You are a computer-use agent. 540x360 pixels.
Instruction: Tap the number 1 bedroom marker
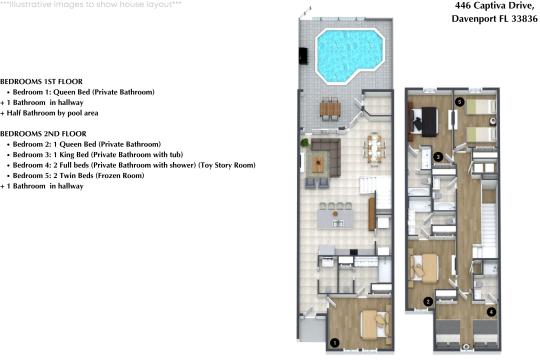[334, 342]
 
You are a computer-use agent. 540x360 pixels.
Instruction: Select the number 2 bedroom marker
[428, 301]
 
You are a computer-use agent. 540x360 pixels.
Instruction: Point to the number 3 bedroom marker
[439, 157]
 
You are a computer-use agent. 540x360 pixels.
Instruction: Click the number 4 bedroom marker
[491, 312]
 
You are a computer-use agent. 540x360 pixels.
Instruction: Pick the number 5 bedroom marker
[459, 102]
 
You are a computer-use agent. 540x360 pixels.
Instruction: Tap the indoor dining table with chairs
[376, 147]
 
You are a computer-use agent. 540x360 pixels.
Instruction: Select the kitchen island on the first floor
[335, 213]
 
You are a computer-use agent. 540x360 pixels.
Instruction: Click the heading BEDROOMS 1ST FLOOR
[41, 80]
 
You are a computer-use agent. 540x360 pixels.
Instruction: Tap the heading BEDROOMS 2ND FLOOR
[42, 133]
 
